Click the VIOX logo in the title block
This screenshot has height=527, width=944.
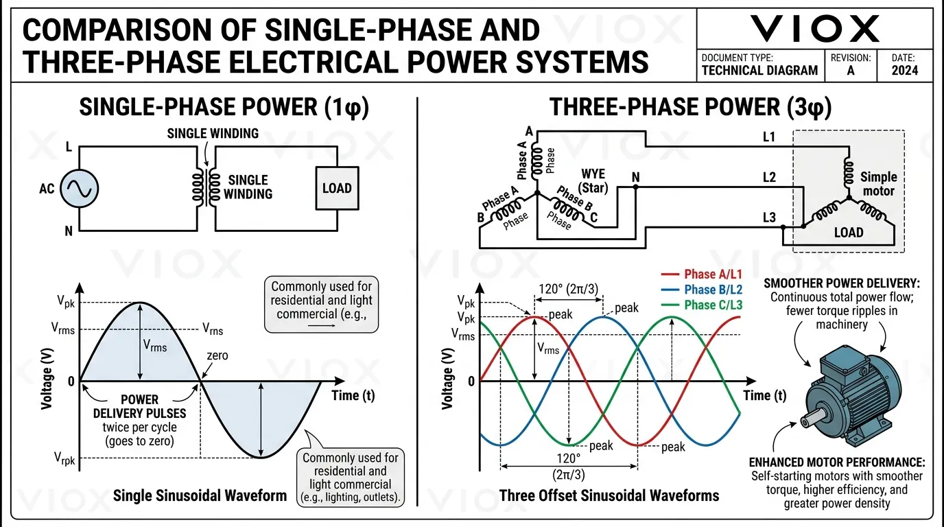[814, 29]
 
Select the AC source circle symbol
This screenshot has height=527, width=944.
[80, 188]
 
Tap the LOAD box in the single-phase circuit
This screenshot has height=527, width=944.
[336, 188]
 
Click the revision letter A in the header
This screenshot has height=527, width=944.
[851, 70]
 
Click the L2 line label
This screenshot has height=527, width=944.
[769, 178]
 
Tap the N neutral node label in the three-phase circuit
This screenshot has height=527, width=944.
[635, 178]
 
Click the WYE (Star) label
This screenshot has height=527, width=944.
[593, 181]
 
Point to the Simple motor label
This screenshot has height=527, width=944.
[879, 183]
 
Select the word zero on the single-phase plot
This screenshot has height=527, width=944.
[219, 356]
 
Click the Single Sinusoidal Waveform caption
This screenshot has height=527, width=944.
[200, 495]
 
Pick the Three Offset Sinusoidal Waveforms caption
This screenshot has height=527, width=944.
[609, 495]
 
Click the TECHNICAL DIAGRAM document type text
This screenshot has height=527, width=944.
[759, 70]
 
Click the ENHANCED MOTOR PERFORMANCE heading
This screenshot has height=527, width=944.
[836, 462]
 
